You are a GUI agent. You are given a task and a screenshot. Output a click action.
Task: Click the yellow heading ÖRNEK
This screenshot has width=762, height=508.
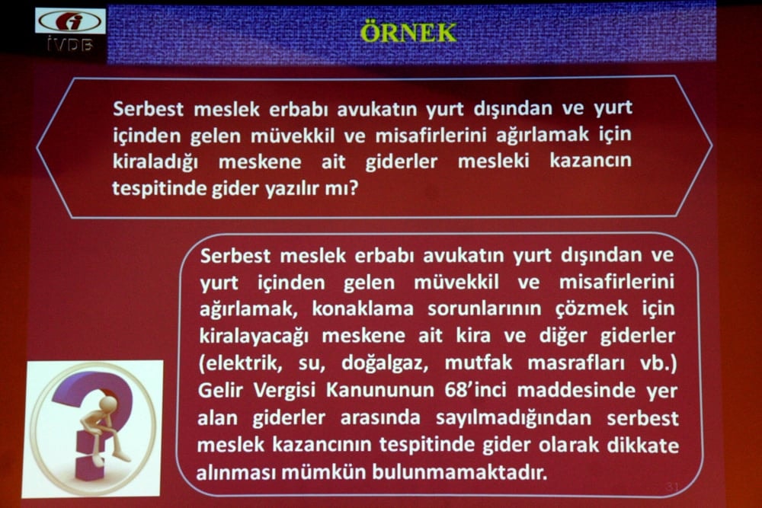click(408, 33)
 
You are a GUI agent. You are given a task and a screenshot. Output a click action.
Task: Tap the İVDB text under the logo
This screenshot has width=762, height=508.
click(69, 46)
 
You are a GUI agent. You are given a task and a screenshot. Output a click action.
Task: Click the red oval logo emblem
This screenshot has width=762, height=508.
click(70, 21)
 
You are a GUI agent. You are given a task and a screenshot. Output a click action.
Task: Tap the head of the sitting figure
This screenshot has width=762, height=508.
click(109, 403)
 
